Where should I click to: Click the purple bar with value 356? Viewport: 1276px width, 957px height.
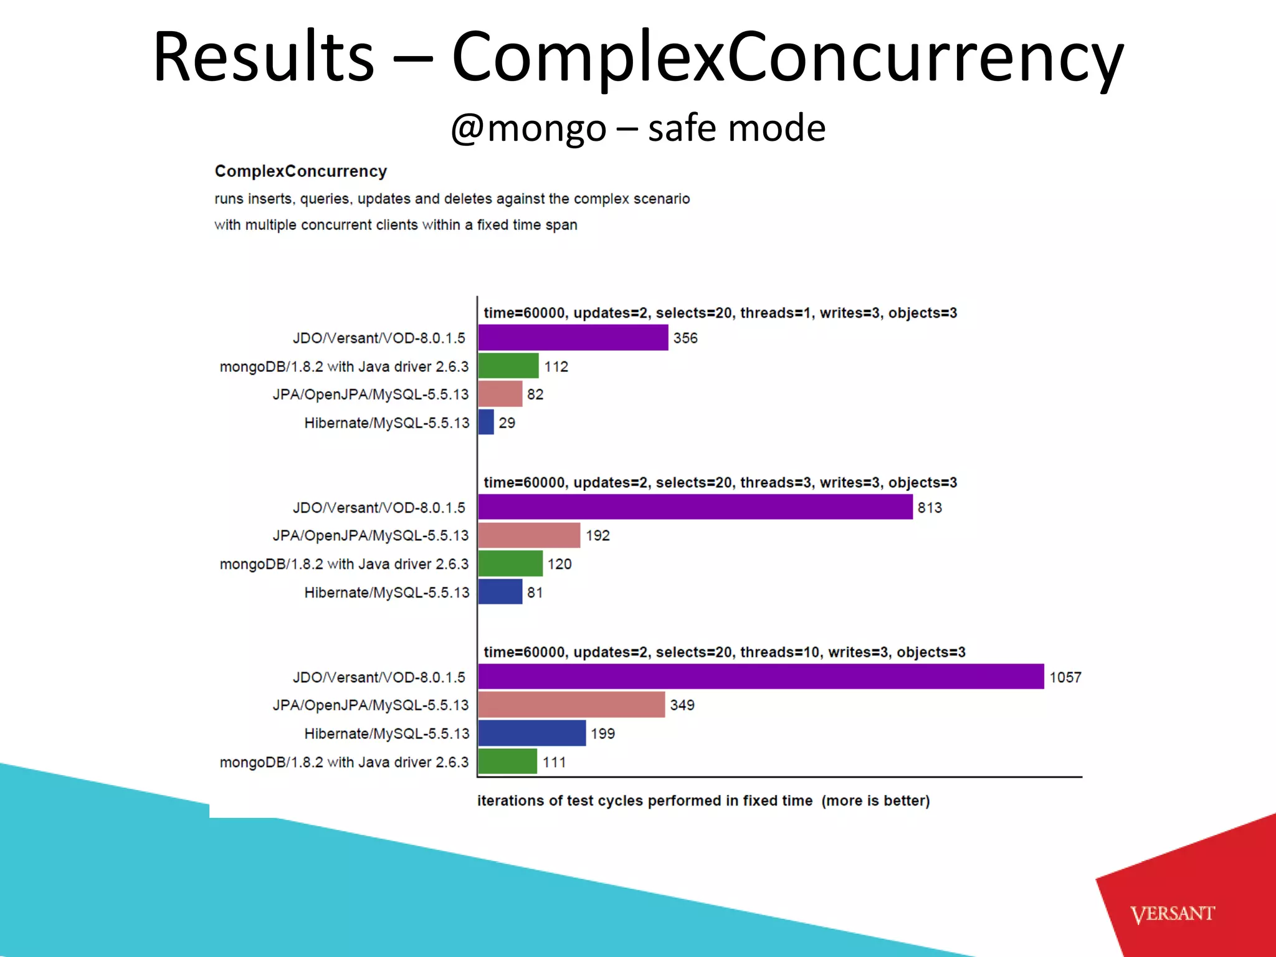point(573,338)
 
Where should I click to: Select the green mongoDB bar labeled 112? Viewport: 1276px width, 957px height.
point(508,366)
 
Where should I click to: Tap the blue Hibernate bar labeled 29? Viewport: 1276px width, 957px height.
point(486,422)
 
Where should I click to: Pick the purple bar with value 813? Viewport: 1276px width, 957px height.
point(695,507)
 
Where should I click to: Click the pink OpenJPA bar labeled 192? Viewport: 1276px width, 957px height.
point(530,535)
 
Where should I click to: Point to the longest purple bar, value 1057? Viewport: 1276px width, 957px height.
point(761,677)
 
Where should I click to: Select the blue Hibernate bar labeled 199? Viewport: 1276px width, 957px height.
point(532,733)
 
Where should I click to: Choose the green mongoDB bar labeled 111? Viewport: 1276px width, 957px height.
point(508,761)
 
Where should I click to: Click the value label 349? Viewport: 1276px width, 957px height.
point(682,705)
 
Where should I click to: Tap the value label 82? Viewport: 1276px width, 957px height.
point(535,394)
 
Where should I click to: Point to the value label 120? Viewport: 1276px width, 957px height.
point(559,564)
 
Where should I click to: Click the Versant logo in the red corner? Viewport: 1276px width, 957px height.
point(1173,914)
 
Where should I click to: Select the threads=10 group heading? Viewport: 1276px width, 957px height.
point(724,652)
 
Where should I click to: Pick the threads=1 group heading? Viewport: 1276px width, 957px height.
point(720,313)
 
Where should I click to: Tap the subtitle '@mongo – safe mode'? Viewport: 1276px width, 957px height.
point(638,128)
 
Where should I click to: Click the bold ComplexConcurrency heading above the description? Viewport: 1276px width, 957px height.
point(301,171)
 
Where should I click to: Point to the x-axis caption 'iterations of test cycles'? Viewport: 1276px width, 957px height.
point(703,801)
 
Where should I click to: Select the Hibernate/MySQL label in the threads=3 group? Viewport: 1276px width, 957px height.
point(386,593)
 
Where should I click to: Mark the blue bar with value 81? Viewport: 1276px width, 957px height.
point(500,592)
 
